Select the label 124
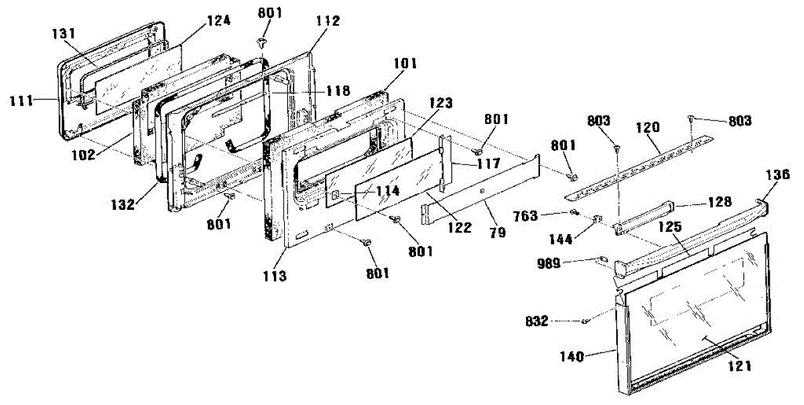pyautogui.click(x=218, y=21)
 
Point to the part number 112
pyautogui.click(x=328, y=21)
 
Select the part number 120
pyautogui.click(x=649, y=126)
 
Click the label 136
pyautogui.click(x=777, y=174)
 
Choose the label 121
pyautogui.click(x=739, y=366)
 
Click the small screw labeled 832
pyautogui.click(x=586, y=321)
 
